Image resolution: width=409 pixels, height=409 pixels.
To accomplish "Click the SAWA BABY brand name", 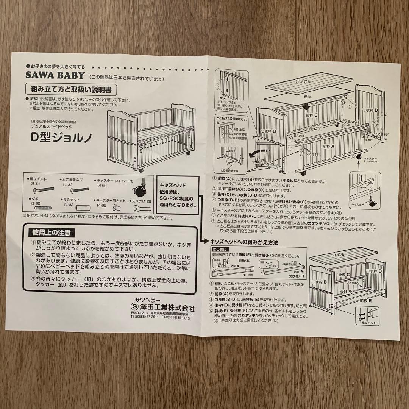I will pyautogui.click(x=55, y=75).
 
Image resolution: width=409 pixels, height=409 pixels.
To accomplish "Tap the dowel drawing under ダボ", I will pyautogui.click(x=43, y=208).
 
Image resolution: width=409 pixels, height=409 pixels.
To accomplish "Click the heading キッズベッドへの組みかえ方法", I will pyautogui.click(x=244, y=241).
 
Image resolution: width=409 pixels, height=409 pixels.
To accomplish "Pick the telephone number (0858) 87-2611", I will pyautogui.click(x=148, y=318).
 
